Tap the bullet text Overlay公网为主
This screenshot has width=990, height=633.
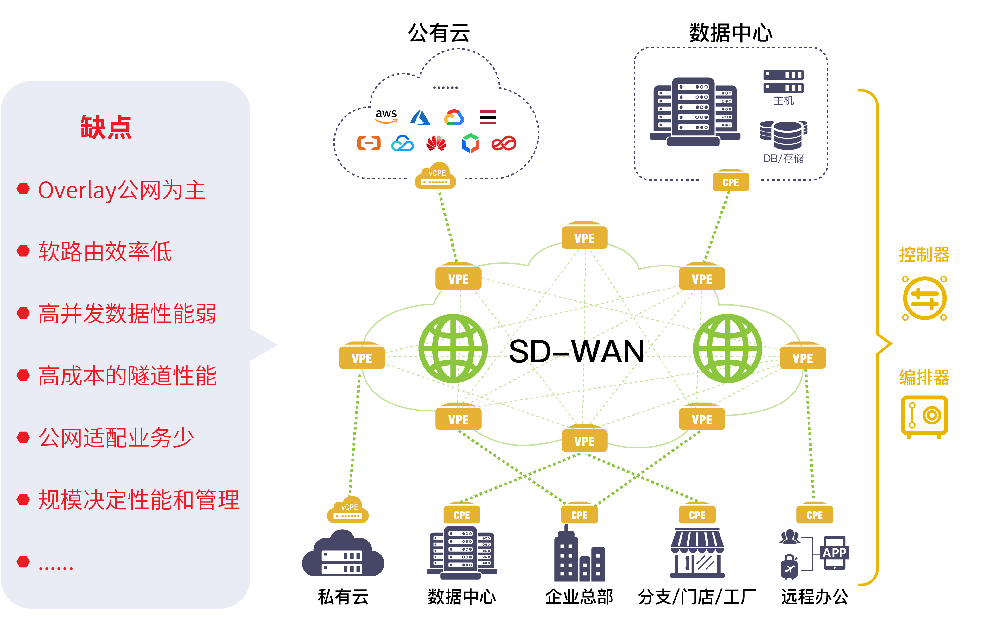(122, 190)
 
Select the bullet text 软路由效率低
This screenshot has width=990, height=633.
(105, 252)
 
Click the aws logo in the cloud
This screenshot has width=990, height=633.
(386, 116)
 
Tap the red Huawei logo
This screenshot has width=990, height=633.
(436, 143)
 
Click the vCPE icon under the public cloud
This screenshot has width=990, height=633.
(435, 176)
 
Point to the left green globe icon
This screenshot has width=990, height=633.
(453, 348)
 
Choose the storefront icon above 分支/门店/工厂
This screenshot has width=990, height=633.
(697, 553)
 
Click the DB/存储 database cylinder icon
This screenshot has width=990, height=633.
(784, 135)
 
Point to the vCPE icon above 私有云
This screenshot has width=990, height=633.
(348, 510)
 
